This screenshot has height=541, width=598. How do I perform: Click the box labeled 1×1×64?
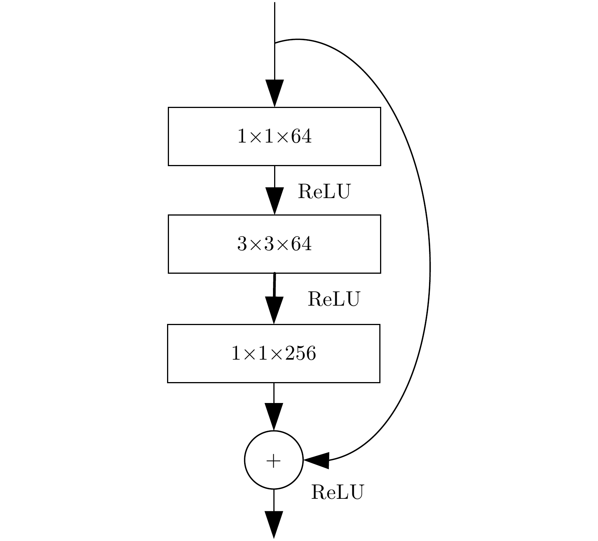coord(274,136)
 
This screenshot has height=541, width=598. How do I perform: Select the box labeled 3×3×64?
coord(274,244)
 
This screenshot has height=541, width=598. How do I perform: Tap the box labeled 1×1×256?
coord(273,353)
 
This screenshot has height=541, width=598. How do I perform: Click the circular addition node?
coord(274,460)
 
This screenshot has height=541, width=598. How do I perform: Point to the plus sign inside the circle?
coord(274,461)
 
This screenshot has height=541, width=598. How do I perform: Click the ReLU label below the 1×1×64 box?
coord(324,191)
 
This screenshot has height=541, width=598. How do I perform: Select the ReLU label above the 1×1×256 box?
coord(333,299)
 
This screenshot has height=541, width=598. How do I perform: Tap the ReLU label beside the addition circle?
coord(337,492)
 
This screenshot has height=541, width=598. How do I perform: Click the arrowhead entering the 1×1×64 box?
coord(274,93)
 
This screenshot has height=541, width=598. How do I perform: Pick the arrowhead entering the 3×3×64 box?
coord(274,201)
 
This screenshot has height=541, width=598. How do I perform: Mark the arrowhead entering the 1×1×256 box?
coord(274,310)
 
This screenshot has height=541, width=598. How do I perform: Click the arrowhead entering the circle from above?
coord(274,417)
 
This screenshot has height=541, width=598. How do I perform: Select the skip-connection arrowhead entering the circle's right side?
coord(317,460)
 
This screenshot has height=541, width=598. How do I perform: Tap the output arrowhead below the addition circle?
coord(274,525)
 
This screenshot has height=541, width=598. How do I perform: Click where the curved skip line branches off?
coord(275,43)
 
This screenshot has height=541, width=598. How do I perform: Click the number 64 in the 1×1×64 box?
coord(301,136)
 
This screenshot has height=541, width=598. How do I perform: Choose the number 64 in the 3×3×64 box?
coord(301,244)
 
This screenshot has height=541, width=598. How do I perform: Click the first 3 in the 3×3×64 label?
coord(242,244)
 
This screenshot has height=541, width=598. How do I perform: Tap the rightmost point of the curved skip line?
coord(430,266)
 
